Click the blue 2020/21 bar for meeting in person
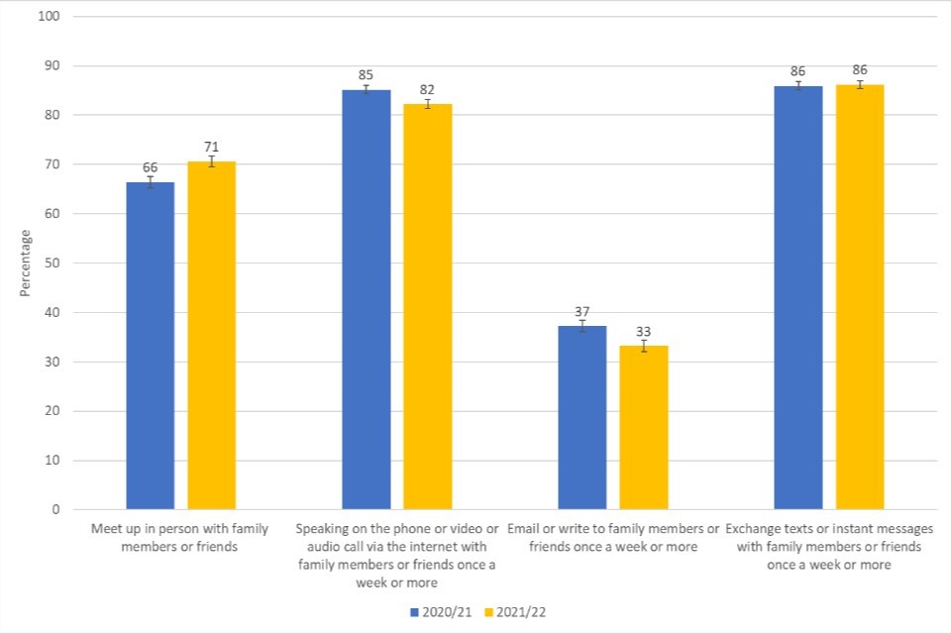coord(151,346)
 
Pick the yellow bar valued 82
coord(428,307)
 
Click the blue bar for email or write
coord(582,417)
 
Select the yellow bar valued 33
coord(644,427)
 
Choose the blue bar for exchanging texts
coord(798,297)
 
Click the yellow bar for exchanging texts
coord(860,297)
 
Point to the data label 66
coord(150,168)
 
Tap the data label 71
coord(211,148)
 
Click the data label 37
coord(582,311)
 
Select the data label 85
coord(367,75)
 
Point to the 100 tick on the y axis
coord(49,17)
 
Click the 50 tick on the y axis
coord(52,264)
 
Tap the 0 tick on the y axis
coord(55,510)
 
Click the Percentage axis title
coord(25,264)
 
